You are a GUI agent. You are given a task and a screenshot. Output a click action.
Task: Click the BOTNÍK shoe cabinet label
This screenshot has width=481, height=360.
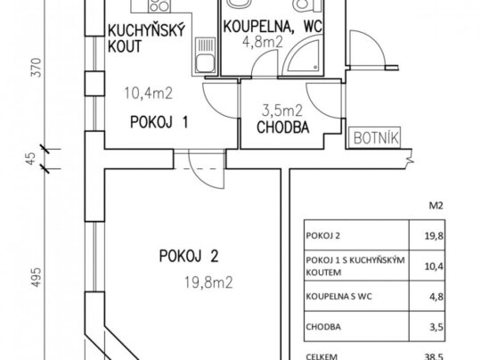(377, 138)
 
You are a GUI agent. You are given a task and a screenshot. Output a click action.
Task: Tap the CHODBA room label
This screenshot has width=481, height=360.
(283, 127)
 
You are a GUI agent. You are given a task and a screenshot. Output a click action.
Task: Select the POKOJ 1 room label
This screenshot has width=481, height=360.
(159, 122)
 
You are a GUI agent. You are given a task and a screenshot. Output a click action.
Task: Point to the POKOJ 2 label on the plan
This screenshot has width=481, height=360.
(189, 256)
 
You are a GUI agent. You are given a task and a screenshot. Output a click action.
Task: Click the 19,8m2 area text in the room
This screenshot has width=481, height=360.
(208, 282)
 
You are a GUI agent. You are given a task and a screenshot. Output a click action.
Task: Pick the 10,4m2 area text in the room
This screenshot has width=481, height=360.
(149, 93)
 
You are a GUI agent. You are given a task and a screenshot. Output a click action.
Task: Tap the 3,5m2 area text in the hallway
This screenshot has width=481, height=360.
(282, 110)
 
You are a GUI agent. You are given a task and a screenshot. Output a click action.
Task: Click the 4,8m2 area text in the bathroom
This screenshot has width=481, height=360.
(262, 42)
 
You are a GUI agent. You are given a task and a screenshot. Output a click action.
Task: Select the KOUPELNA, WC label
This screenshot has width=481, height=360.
(273, 26)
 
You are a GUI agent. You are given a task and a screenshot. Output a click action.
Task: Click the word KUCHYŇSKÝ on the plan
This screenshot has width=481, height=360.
(147, 30)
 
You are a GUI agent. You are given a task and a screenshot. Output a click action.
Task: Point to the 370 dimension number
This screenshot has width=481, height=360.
(37, 68)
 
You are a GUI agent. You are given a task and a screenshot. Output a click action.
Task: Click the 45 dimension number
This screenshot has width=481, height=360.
(31, 159)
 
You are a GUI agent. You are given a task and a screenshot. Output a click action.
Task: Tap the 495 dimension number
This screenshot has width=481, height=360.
(37, 277)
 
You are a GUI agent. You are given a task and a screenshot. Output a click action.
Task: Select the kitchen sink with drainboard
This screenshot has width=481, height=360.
(205, 55)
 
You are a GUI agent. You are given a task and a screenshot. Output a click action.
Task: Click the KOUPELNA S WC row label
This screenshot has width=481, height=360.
(338, 297)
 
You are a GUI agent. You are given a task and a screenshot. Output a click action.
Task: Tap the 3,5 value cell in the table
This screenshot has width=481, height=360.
(436, 327)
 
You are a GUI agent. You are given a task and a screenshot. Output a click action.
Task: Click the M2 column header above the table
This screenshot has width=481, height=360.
(436, 205)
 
